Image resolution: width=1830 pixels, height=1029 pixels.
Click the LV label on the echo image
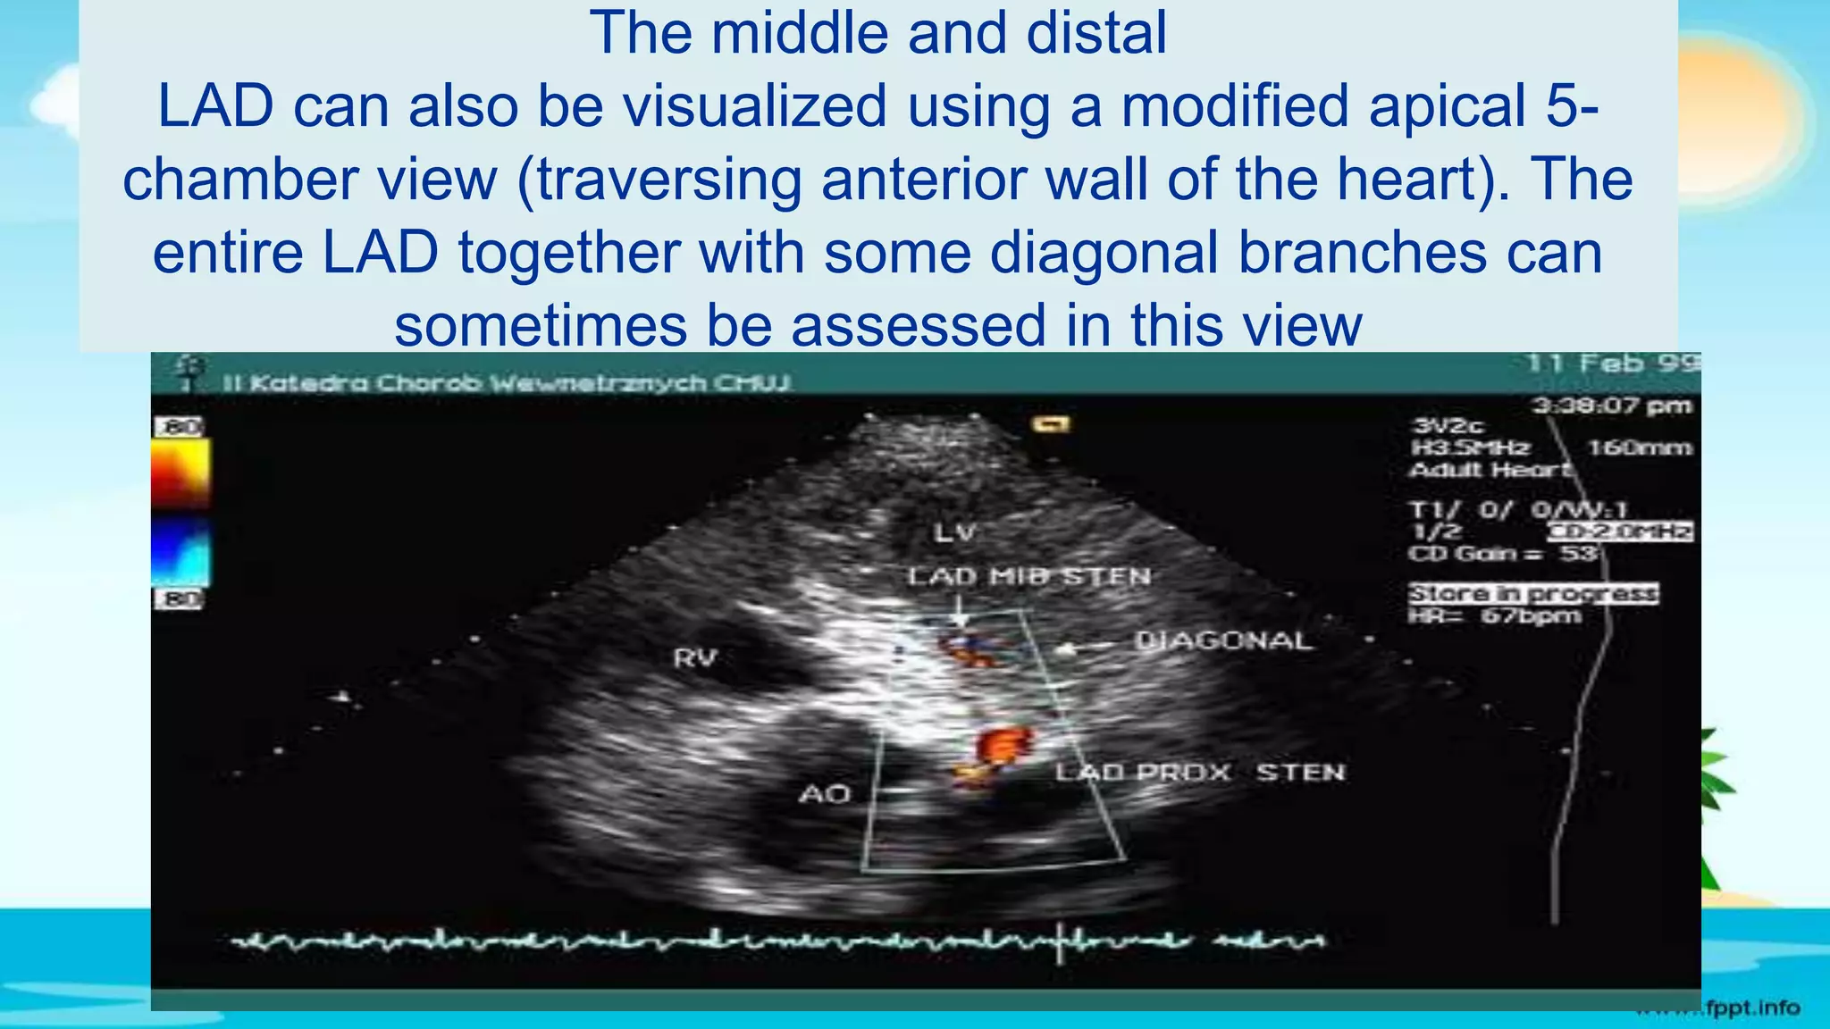[x=955, y=533]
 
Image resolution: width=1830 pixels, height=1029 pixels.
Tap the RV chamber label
[x=695, y=658]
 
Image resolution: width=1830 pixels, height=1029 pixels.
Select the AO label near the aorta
[x=824, y=794]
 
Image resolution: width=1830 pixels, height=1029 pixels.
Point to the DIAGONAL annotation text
[x=1223, y=640]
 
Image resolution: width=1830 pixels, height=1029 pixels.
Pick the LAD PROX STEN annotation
[x=1200, y=772]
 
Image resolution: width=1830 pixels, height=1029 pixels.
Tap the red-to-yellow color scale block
[x=180, y=473]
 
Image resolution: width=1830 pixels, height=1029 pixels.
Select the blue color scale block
[x=180, y=553]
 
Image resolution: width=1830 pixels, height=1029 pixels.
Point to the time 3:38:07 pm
[x=1611, y=406]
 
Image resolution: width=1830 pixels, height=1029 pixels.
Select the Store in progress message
[x=1533, y=593]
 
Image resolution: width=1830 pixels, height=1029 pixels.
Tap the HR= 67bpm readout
[x=1495, y=616]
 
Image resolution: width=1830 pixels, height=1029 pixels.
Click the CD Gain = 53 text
[x=1502, y=554]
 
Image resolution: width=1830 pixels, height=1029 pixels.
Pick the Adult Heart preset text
[x=1489, y=470]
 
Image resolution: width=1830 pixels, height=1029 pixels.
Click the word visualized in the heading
[x=755, y=105]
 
